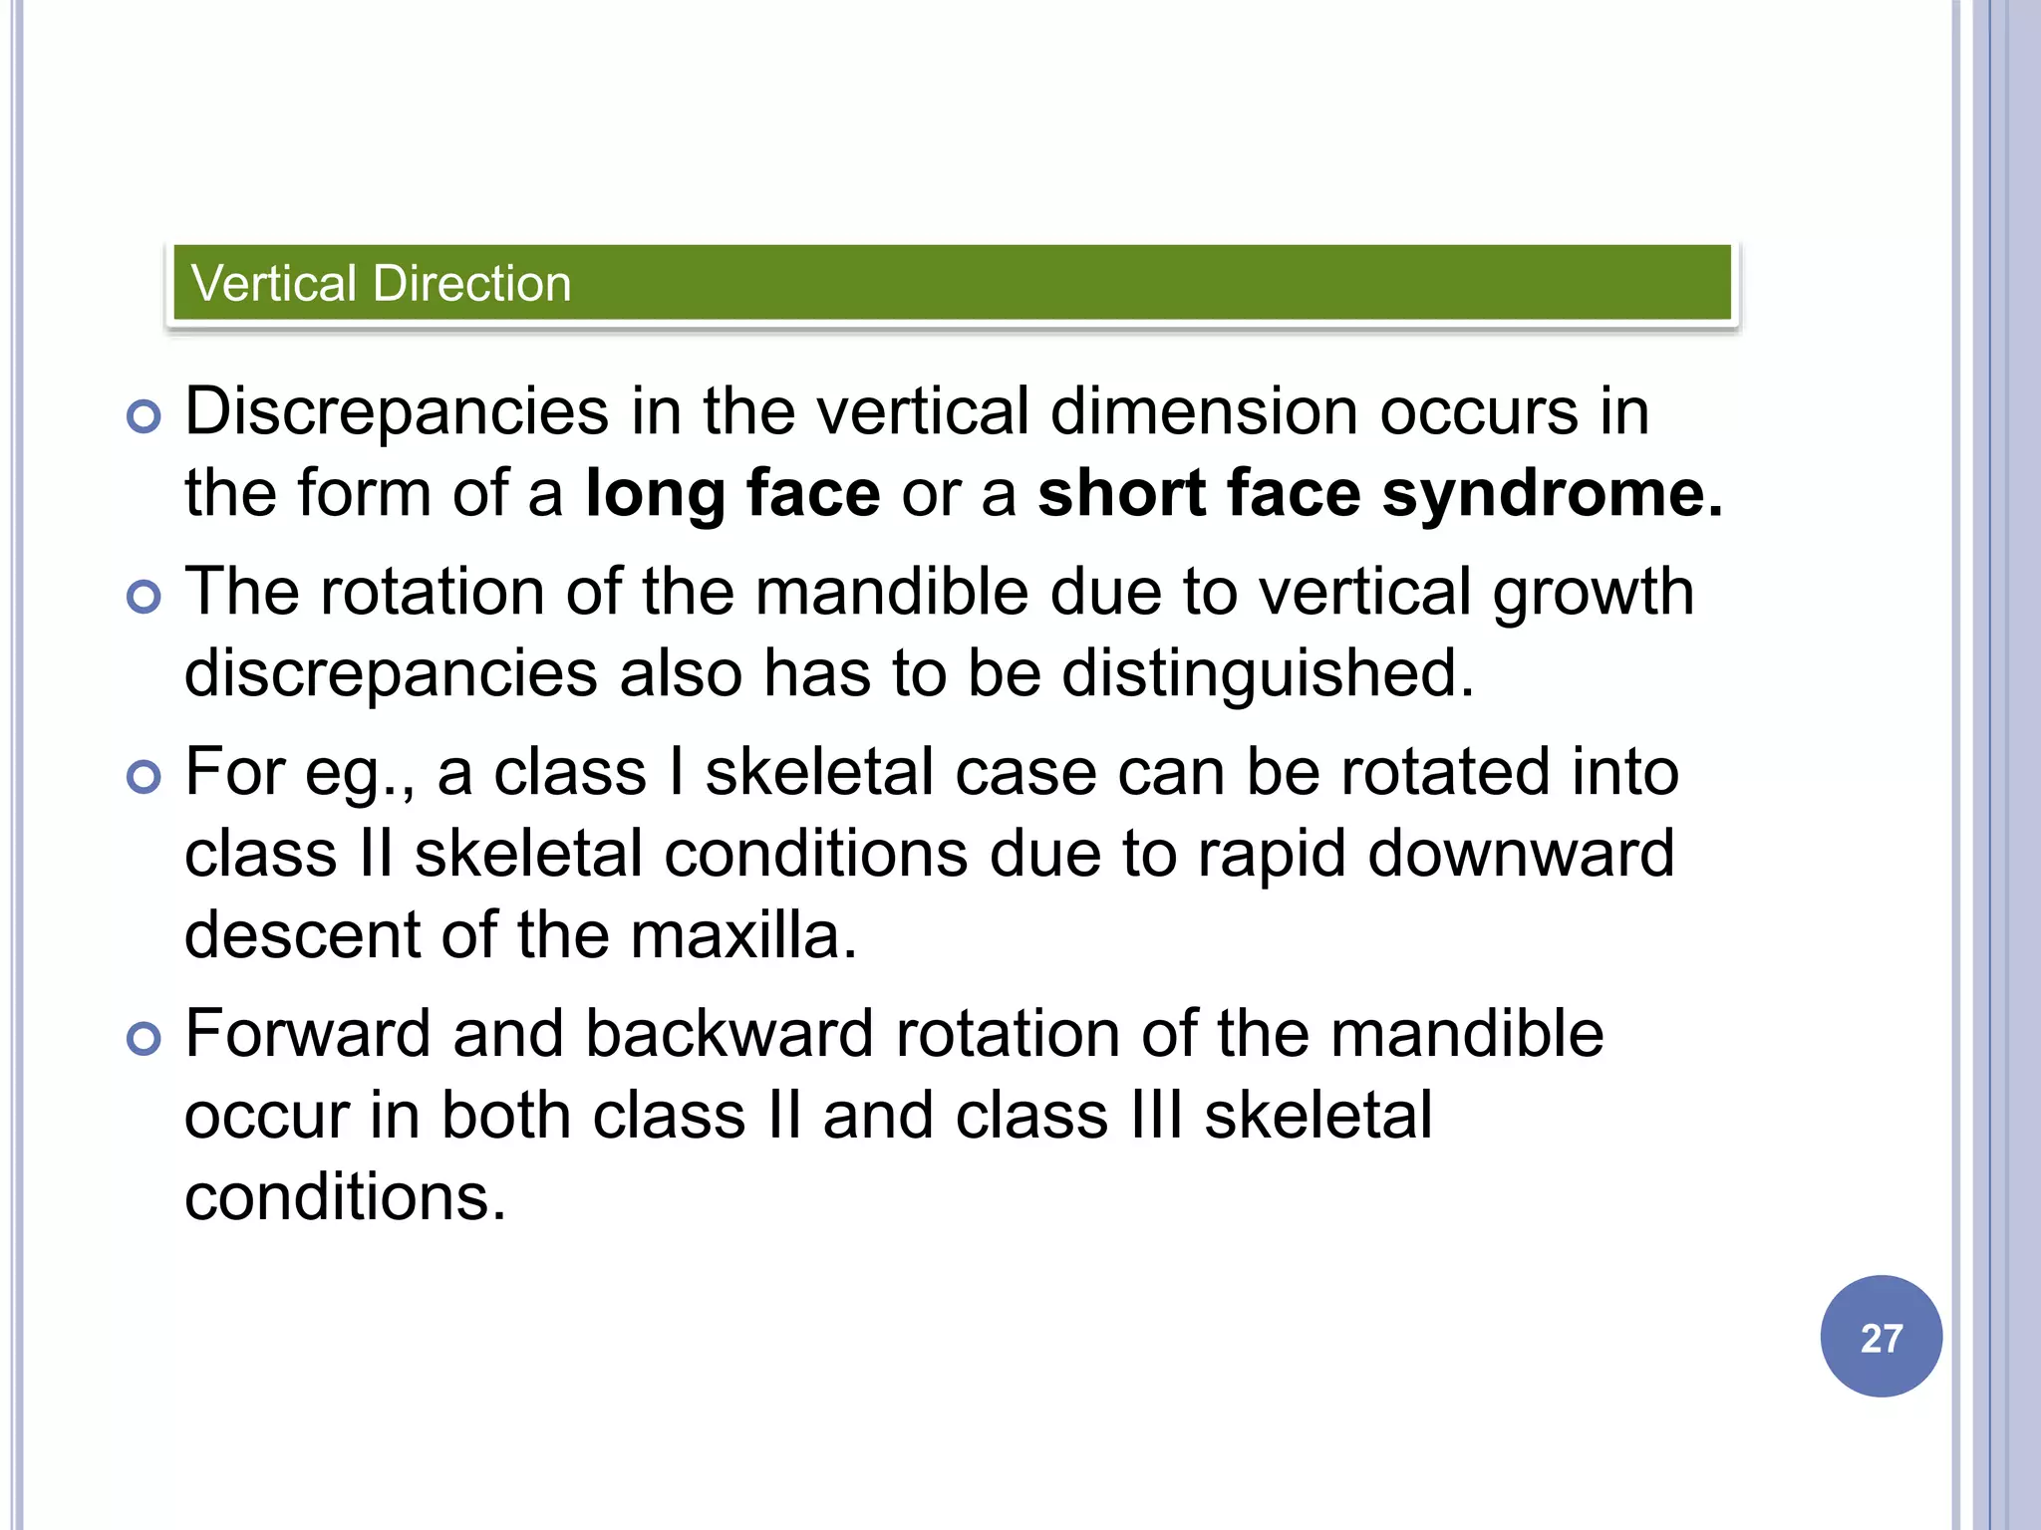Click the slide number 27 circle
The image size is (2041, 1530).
point(1881,1336)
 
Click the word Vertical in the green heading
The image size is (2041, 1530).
point(273,283)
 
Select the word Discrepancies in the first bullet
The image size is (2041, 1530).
point(397,412)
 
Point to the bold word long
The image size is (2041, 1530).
point(655,495)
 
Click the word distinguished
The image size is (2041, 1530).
point(1267,673)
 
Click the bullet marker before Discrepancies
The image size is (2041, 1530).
point(145,416)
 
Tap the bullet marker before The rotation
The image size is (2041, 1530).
point(145,598)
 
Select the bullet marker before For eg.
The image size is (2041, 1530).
point(145,777)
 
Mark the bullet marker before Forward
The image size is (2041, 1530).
point(145,1039)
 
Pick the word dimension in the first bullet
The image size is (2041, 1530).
point(1204,412)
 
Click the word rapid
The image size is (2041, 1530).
point(1271,856)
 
